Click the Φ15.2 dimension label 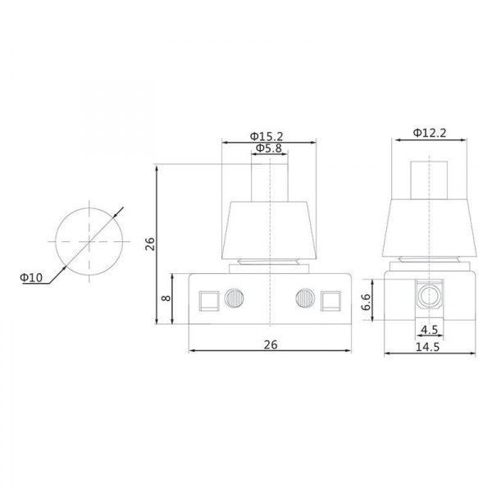pos(266,136)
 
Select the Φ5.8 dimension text pos(269,148)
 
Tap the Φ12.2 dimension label pos(430,133)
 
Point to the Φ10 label pos(31,277)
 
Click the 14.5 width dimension pos(428,347)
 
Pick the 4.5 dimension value pos(429,330)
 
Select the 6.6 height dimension pos(367,302)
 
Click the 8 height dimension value pos(166,298)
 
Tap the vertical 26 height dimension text pos(150,244)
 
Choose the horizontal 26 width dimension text pos(271,344)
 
